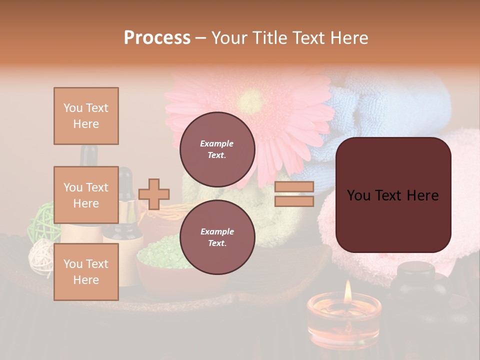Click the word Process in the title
157,38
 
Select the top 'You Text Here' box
86,116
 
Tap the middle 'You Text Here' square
86,195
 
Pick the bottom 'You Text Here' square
86,271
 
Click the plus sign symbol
154,194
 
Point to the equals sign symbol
294,194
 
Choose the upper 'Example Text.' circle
217,149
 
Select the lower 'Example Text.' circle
217,237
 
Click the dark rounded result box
393,195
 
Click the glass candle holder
344,320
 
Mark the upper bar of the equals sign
294,187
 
